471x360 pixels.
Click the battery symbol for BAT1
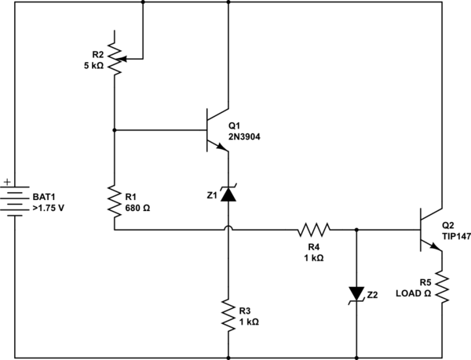17,199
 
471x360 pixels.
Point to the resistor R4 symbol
314,230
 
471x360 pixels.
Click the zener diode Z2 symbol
356,294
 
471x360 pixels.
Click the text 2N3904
244,135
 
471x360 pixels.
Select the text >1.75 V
49,209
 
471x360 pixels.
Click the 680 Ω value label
140,209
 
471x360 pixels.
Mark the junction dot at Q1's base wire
115,130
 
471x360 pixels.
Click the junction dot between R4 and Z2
356,230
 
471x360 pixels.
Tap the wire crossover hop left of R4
228,229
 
